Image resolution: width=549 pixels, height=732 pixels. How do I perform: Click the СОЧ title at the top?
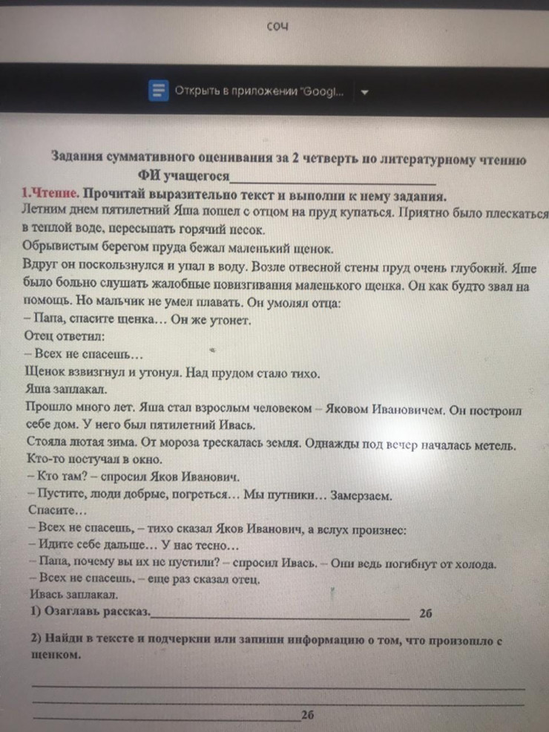click(277, 27)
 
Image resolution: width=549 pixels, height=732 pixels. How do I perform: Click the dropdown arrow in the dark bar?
click(364, 92)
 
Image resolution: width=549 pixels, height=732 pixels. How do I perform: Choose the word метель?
click(492, 445)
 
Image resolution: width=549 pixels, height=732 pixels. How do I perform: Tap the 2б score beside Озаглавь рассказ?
click(425, 614)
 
